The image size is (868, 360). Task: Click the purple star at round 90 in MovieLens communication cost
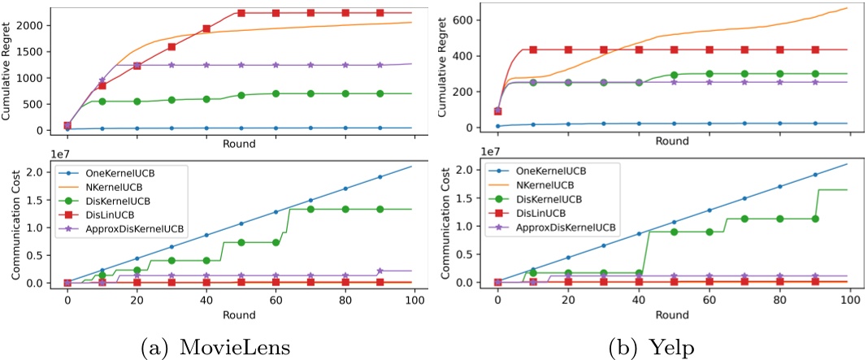click(x=380, y=271)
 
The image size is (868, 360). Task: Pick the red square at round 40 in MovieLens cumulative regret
click(x=206, y=28)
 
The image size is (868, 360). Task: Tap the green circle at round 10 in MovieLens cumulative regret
click(x=102, y=101)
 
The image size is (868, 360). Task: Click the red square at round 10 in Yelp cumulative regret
click(x=533, y=50)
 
